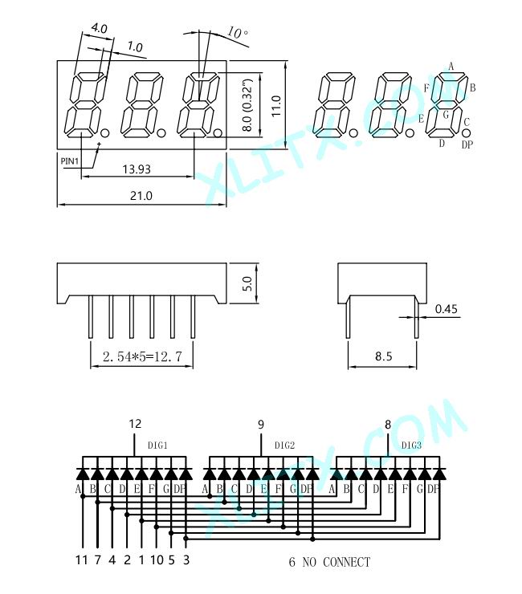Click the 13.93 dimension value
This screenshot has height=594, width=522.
137,169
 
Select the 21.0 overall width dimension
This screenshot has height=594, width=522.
141,196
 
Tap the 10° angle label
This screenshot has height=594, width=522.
238,33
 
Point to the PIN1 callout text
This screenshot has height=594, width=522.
70,161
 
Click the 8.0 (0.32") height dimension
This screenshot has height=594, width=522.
247,105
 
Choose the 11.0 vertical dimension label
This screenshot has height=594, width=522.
276,106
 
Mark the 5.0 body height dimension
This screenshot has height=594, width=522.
247,283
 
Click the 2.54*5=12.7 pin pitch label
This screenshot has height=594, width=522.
142,356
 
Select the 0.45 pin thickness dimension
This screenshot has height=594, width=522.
447,309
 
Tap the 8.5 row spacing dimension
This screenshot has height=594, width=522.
383,356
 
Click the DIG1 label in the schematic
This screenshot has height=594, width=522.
157,445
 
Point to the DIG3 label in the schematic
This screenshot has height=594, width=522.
411,445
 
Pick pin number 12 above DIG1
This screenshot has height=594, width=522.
135,424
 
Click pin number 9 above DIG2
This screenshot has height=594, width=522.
261,425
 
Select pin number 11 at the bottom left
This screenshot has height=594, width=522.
81,560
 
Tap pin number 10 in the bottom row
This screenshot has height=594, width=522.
157,560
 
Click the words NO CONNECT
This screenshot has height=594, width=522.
336,562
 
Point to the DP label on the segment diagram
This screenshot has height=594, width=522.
467,144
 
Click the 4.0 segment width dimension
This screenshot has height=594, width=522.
100,28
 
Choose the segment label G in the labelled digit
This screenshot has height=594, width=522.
446,115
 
